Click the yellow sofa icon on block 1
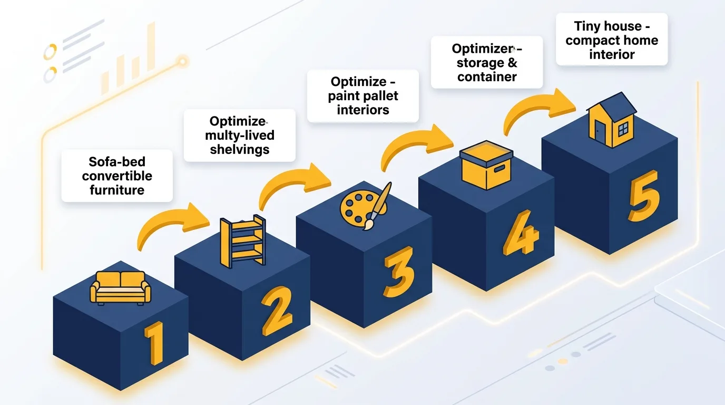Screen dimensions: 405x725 [x=121, y=287]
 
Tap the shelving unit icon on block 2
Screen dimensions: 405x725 [x=243, y=239]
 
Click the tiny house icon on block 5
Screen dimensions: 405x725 [x=611, y=121]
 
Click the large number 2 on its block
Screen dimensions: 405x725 [x=277, y=311]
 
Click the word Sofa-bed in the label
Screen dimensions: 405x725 [x=117, y=162]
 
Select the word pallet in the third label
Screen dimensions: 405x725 [x=379, y=96]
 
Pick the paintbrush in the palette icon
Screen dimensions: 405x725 [x=378, y=206]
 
